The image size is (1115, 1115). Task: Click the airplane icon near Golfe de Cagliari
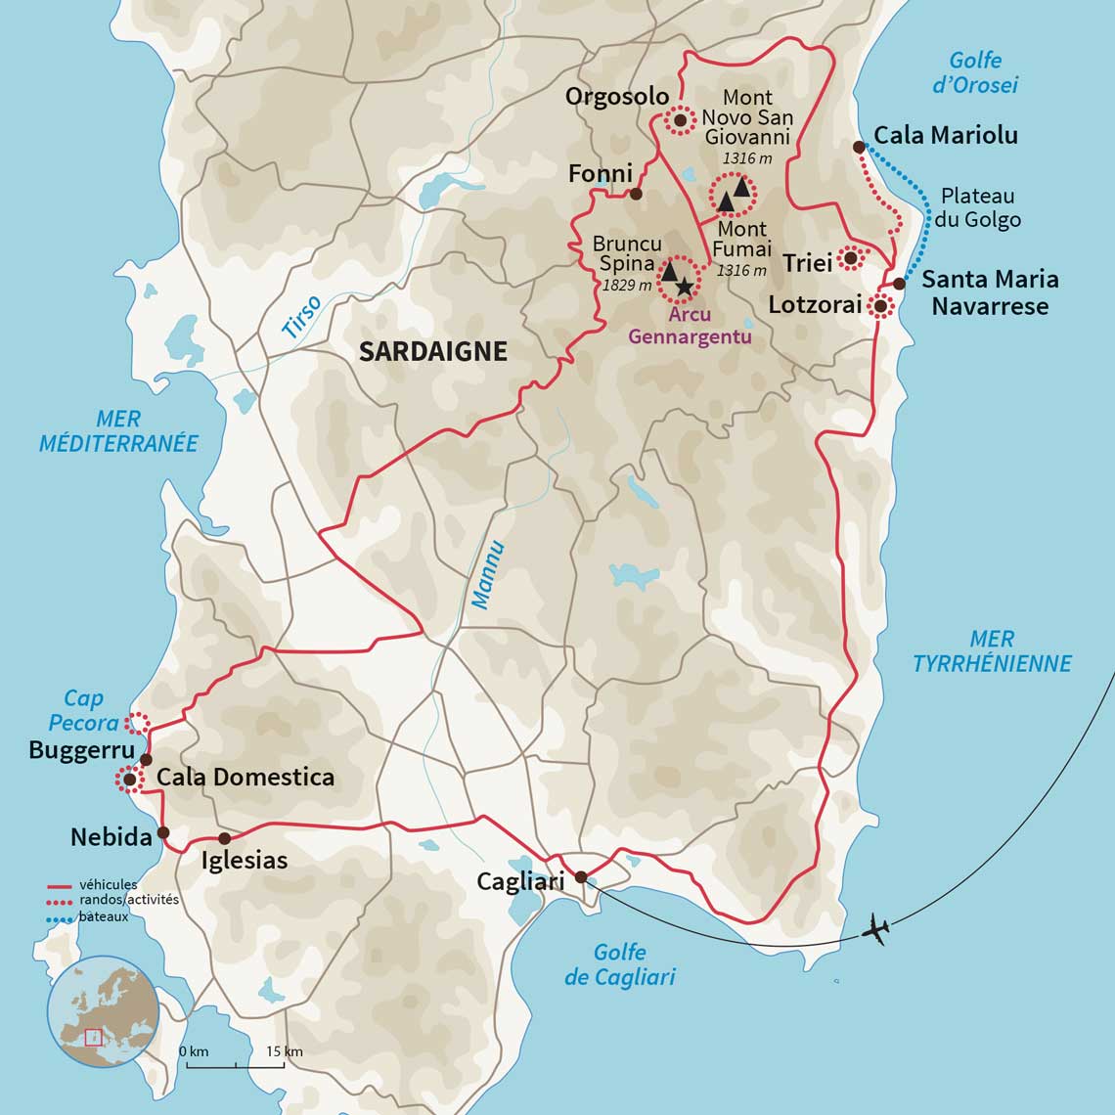(x=875, y=929)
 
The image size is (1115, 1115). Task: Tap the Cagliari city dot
(x=581, y=877)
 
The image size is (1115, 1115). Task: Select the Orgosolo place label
(x=616, y=96)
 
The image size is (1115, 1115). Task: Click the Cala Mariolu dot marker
(x=859, y=147)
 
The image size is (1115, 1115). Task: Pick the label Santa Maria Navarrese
(x=990, y=292)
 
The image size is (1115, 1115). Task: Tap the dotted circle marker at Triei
(x=851, y=258)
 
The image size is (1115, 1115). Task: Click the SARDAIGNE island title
(x=432, y=352)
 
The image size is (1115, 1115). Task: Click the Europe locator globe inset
(x=103, y=1011)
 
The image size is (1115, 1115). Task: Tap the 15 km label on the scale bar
(x=285, y=1051)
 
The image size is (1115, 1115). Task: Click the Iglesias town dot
(x=224, y=838)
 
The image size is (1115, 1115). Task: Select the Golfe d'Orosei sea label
(x=975, y=72)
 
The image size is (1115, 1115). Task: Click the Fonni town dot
(x=636, y=194)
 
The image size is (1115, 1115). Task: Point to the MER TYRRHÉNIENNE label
(x=992, y=651)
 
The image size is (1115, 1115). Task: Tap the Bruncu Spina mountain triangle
(x=671, y=271)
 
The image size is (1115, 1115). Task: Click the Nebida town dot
(x=163, y=832)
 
